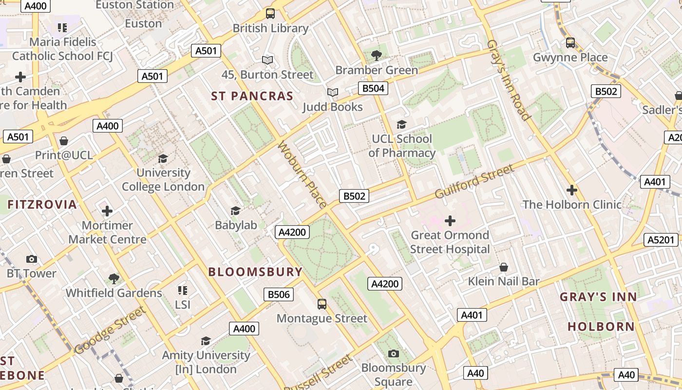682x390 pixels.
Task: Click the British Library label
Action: (270, 28)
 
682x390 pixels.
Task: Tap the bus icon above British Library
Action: (270, 14)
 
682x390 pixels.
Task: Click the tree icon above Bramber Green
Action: (376, 55)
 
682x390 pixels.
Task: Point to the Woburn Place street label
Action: (303, 175)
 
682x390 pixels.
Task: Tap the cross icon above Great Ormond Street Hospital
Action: (450, 221)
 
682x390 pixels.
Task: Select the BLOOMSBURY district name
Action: (255, 272)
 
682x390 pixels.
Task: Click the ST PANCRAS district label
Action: (252, 96)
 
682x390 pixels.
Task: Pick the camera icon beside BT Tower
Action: (32, 259)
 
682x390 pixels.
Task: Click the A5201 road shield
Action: (661, 240)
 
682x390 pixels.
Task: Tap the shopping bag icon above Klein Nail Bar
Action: (504, 267)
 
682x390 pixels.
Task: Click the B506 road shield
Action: (279, 294)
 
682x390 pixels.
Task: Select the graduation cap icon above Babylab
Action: (236, 211)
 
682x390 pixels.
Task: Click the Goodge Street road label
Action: (110, 330)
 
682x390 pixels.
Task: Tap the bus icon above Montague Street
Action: (322, 304)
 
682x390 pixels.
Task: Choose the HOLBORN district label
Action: (601, 327)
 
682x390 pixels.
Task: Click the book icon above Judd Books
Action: (333, 92)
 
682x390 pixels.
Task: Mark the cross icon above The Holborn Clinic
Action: (572, 190)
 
